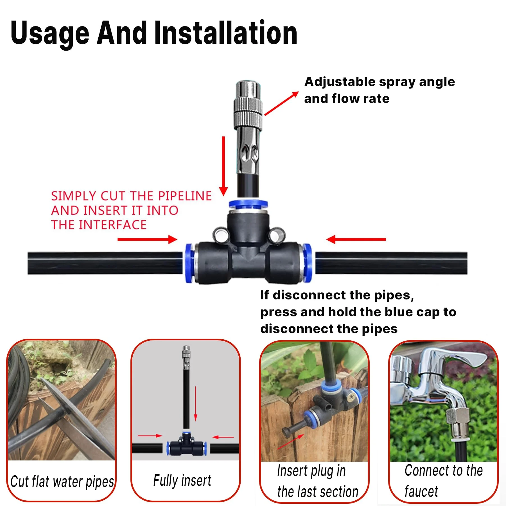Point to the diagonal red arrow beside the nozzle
281,103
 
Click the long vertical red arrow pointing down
223,166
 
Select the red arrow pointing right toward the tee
147,240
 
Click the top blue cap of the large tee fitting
248,204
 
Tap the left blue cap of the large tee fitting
189,263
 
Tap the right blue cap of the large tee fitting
307,263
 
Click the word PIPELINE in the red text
185,196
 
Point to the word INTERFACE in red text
112,225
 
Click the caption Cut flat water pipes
62,481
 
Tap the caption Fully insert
182,480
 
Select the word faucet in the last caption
421,491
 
